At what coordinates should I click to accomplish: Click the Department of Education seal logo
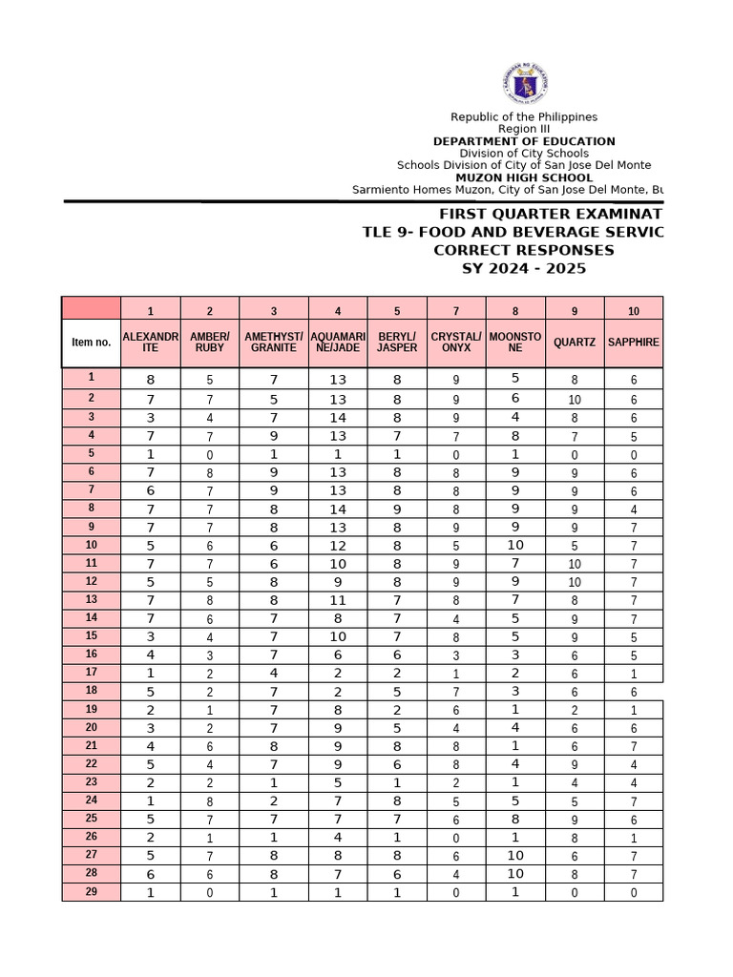coord(524,84)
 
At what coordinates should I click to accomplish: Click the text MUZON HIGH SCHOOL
coord(524,177)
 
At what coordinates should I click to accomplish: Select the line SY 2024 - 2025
coord(524,268)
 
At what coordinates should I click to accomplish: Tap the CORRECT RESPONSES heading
coord(524,250)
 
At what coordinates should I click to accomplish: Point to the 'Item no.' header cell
coord(92,343)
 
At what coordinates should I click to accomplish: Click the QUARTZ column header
coord(575,343)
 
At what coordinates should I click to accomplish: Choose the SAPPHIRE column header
coord(634,343)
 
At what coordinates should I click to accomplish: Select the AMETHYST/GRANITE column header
coord(274,343)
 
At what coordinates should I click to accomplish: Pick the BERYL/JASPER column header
coord(397,343)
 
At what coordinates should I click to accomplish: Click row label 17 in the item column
coord(92,672)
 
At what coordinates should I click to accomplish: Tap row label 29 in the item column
coord(92,891)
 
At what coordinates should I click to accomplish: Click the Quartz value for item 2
coord(575,400)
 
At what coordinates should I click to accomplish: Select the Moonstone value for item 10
coord(515,545)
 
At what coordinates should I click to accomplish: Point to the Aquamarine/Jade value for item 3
coord(338,418)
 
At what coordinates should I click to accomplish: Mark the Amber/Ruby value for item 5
coord(210,455)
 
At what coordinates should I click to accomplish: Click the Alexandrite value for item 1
coord(150,381)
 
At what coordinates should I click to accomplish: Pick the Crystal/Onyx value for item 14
coord(456,619)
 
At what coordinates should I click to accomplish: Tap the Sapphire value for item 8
coord(634,509)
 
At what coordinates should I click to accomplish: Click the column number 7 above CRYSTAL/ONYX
coord(456,311)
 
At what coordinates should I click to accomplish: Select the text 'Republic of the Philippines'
coord(524,116)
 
